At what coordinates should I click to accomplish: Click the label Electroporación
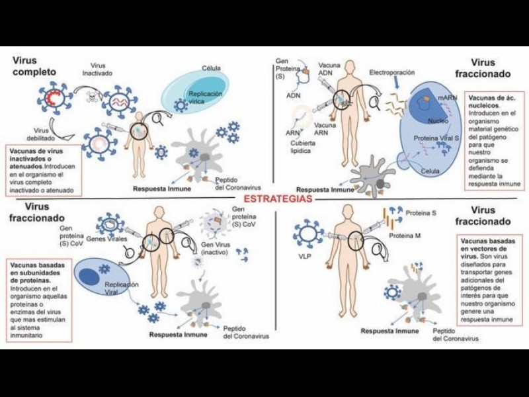point(391,71)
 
